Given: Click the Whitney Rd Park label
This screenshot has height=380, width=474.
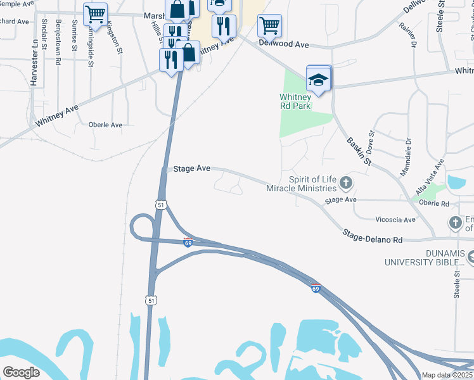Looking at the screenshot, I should point(295,101).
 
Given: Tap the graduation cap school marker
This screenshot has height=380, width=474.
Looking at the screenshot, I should point(319,79).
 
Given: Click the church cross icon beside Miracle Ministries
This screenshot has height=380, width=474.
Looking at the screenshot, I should point(345,184).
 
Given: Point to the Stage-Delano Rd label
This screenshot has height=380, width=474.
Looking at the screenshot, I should point(373,237).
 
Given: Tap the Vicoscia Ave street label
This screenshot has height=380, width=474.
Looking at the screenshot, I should point(395,220).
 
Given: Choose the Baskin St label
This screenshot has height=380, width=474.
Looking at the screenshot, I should point(359,151).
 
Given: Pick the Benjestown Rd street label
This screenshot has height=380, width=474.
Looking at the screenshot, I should point(58,42).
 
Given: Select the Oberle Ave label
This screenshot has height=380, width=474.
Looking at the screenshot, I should point(105,125).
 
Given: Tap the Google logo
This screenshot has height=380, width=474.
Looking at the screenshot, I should point(21,372).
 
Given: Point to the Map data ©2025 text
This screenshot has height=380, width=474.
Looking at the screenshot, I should point(447,375).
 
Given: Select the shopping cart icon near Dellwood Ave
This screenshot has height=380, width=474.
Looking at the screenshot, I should point(269,26).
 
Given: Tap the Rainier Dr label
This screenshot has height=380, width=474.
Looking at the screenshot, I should point(408,35).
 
